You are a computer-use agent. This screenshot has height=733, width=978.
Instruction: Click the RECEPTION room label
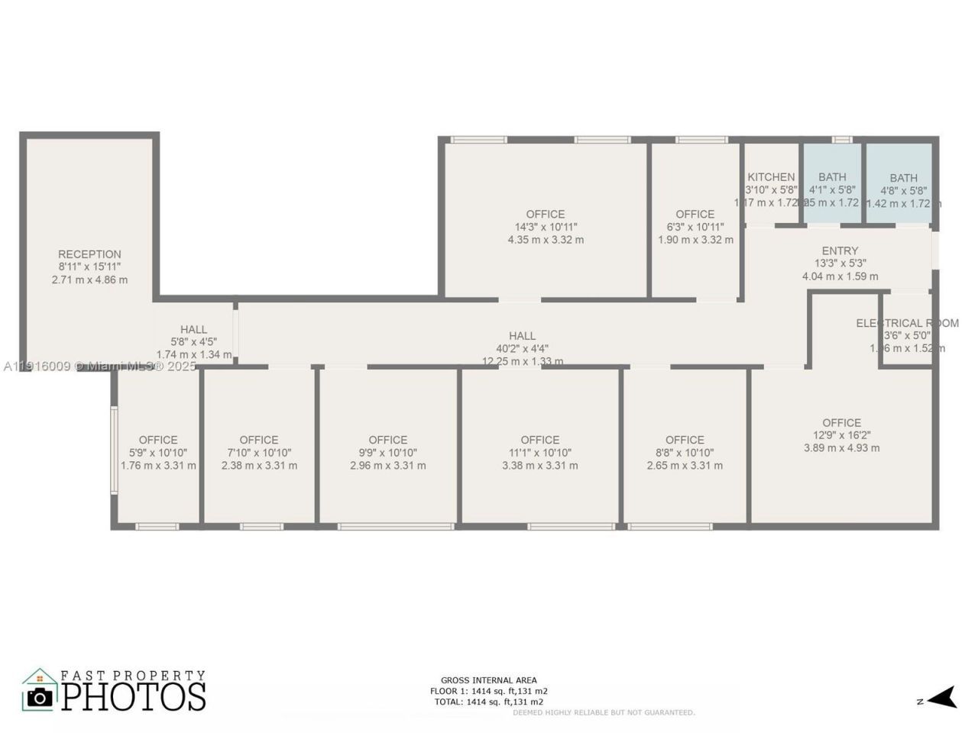click(89, 254)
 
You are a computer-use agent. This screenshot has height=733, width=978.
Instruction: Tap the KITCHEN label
click(770, 177)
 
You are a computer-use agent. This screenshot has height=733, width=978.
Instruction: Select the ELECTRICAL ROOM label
click(907, 323)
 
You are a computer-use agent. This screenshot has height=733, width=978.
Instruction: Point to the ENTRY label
click(840, 250)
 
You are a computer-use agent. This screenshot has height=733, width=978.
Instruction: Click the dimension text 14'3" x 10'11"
click(546, 227)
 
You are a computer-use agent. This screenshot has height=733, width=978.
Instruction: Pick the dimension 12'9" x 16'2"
click(841, 435)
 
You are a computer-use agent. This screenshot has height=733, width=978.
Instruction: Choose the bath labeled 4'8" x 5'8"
click(903, 190)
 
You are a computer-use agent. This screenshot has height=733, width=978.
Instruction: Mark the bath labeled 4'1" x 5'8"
click(832, 189)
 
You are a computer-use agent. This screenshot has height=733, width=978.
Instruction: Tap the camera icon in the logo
click(40, 696)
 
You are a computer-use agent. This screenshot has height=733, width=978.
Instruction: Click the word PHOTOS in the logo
click(134, 696)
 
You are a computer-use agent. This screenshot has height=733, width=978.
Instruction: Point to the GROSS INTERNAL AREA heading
click(488, 680)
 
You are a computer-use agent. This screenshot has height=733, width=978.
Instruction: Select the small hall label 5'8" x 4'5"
click(193, 342)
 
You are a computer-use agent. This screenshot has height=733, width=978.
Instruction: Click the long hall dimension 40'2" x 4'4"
click(523, 348)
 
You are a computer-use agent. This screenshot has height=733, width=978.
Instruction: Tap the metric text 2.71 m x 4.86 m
click(89, 280)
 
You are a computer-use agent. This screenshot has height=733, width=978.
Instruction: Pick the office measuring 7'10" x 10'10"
click(259, 452)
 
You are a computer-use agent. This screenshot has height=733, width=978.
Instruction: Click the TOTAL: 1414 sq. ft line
click(488, 702)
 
